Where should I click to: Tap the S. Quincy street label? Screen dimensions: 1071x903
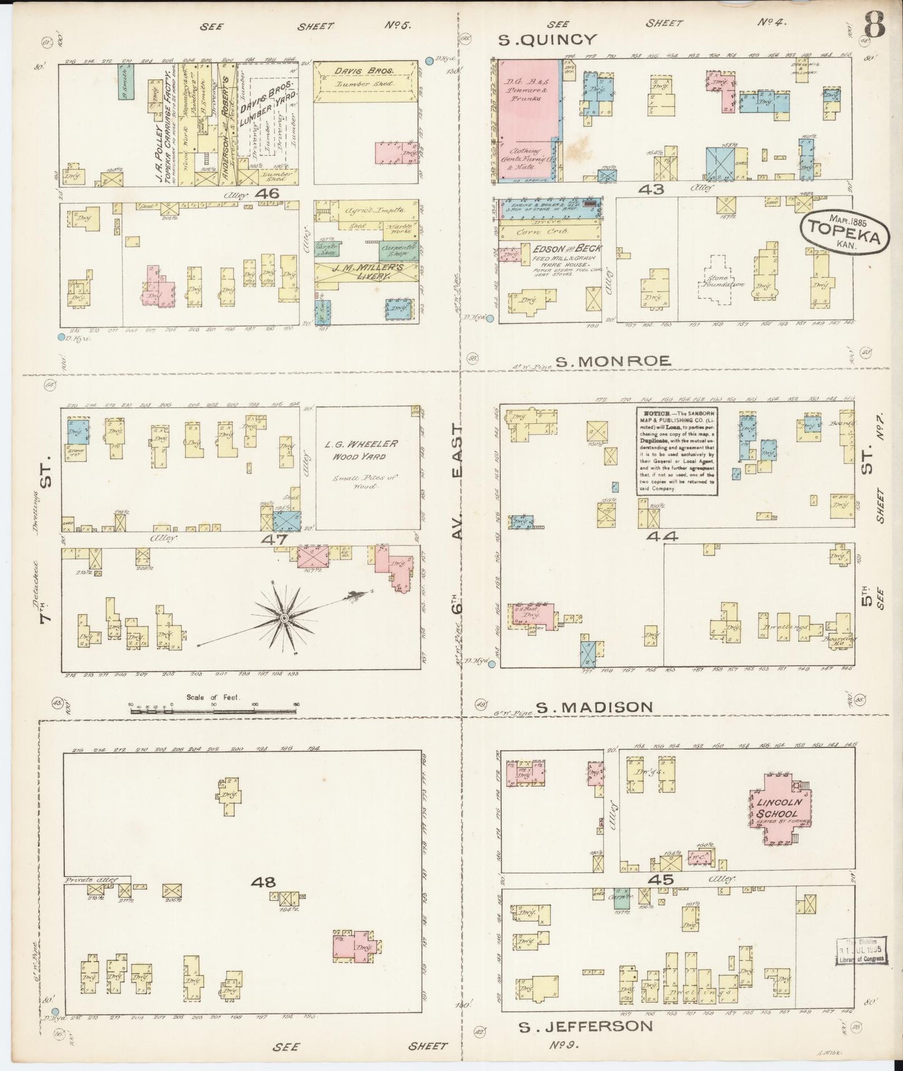548,40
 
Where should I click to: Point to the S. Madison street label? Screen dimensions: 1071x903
594,707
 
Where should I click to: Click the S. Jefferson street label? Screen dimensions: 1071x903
586,1026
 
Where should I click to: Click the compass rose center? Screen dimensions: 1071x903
283,618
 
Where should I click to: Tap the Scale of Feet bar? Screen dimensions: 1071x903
212,709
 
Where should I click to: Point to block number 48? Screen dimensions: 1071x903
263,882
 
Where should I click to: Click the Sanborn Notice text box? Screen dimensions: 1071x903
677,452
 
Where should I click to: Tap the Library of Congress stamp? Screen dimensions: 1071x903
862,950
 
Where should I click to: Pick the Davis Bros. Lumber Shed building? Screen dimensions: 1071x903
365,78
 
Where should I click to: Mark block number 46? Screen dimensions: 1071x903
270,194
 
